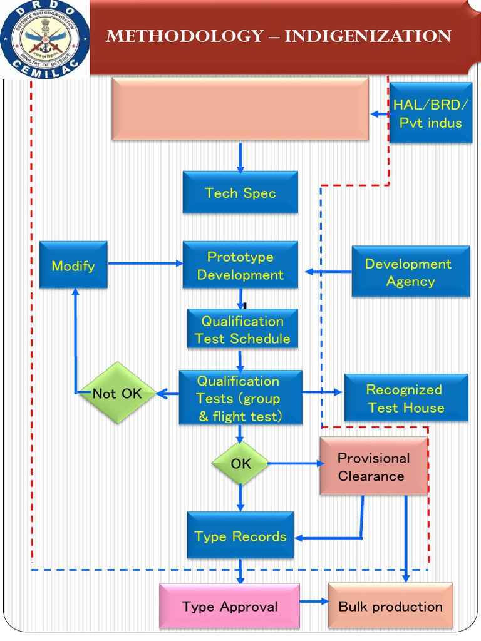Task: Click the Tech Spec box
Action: tap(240, 192)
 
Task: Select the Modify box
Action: tap(74, 265)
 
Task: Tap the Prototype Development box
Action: tap(240, 265)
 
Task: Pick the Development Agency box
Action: tap(411, 272)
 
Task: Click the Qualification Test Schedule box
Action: tap(242, 329)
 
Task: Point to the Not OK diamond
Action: tap(117, 393)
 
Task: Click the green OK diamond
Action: tap(240, 463)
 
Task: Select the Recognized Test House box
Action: tap(406, 397)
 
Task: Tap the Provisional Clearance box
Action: tap(374, 466)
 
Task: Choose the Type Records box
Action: tap(240, 536)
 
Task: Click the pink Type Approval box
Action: tap(229, 606)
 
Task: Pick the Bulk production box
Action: tap(391, 606)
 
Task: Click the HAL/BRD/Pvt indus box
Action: tap(431, 113)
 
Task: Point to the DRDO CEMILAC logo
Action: tap(44, 39)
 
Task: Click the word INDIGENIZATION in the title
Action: tap(368, 36)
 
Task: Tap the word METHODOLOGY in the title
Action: tap(185, 36)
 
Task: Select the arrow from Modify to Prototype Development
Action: tap(145, 264)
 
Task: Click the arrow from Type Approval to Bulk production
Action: tap(314, 602)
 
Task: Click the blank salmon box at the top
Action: tap(240, 109)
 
